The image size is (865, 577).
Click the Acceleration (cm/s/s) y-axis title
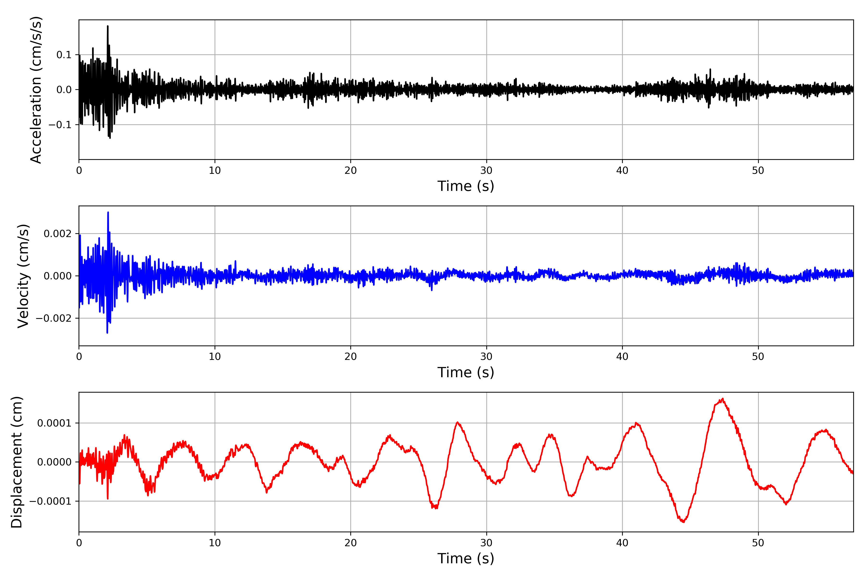(36, 90)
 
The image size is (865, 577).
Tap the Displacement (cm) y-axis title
(17, 462)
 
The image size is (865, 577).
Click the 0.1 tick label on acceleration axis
(64, 55)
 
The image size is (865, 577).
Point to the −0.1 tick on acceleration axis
(60, 125)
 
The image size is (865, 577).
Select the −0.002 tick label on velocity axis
(54, 318)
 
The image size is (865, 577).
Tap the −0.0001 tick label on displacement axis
(50, 501)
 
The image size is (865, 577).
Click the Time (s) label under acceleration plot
(466, 186)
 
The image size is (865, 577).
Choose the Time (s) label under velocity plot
(466, 372)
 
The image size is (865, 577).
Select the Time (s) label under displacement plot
(466, 558)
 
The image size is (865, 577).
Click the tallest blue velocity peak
(108, 212)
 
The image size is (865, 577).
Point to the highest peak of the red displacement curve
(723, 399)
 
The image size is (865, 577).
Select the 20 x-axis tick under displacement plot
(351, 543)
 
